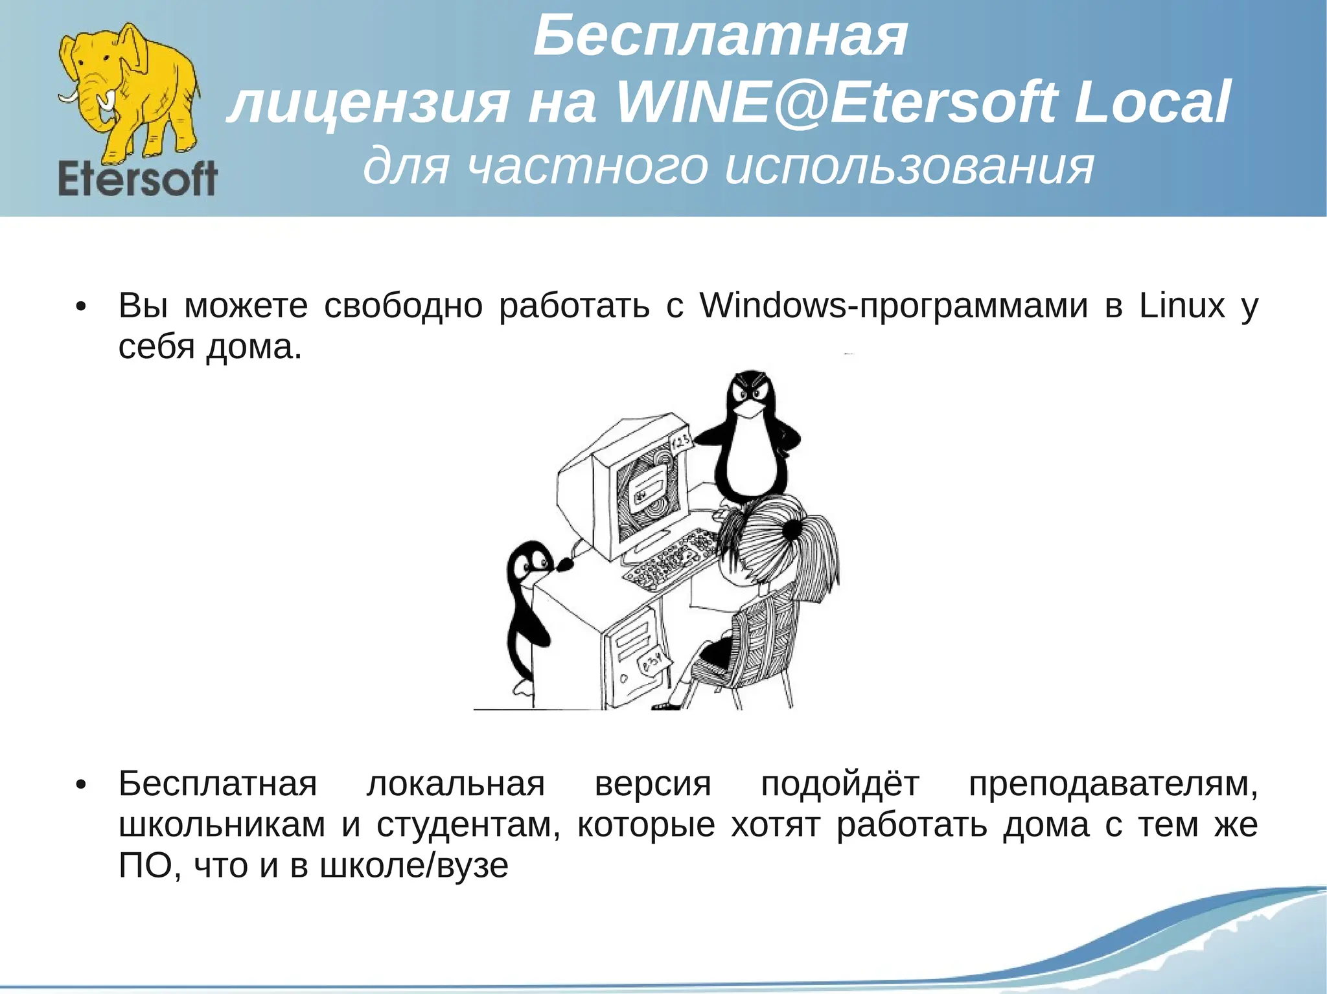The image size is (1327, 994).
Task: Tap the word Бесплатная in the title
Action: (x=720, y=37)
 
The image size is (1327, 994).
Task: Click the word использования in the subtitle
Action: (x=910, y=166)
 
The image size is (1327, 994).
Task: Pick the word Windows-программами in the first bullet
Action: (x=894, y=305)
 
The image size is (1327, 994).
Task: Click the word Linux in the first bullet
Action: (x=1182, y=305)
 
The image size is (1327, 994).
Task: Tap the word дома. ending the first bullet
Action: (x=254, y=346)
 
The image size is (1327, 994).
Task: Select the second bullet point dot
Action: (x=80, y=785)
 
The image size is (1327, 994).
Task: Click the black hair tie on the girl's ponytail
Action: (x=792, y=530)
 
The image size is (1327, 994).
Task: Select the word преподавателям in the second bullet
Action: (x=1112, y=784)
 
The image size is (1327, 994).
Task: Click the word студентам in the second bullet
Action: (x=468, y=825)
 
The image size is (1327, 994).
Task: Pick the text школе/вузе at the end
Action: (x=414, y=866)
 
